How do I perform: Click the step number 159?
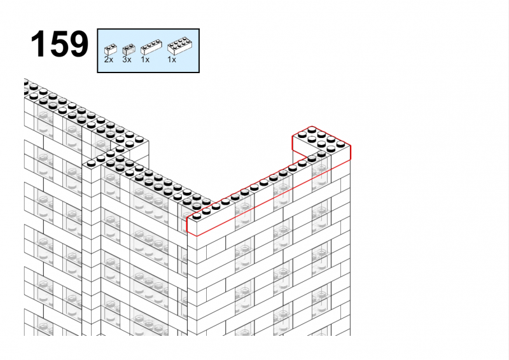tap(59, 44)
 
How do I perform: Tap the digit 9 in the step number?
tap(79, 44)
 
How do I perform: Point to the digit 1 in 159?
tap(38, 44)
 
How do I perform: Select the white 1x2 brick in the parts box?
tap(110, 50)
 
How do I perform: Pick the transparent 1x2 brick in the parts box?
tap(129, 50)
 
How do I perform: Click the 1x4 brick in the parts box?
tap(151, 47)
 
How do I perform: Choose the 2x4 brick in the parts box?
tap(180, 46)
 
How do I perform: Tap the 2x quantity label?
tap(109, 59)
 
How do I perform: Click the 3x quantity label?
tap(127, 59)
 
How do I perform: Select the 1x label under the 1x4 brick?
tap(145, 59)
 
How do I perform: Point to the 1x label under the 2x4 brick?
tap(172, 59)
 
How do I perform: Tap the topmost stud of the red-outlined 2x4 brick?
tap(312, 130)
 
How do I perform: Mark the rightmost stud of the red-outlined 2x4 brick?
tap(341, 144)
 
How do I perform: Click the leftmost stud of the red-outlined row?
tap(197, 216)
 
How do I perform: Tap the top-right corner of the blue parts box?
tap(199, 29)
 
